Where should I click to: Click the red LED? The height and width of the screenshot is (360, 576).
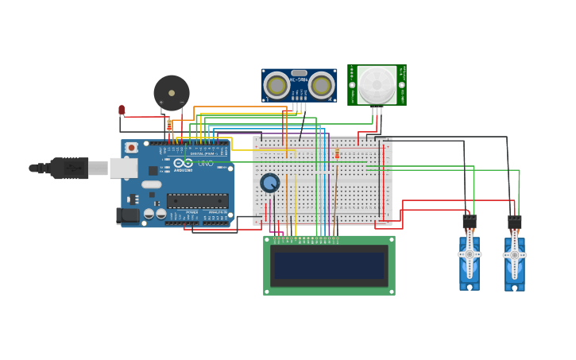pyautogui.click(x=122, y=110)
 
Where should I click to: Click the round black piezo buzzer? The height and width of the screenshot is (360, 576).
pyautogui.click(x=172, y=92)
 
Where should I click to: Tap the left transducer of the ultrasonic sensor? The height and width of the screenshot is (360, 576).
pyautogui.click(x=276, y=84)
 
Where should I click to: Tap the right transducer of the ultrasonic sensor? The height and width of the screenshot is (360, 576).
pyautogui.click(x=321, y=84)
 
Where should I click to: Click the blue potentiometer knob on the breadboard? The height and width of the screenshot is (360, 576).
pyautogui.click(x=270, y=183)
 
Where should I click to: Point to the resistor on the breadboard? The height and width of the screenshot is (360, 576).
pyautogui.click(x=337, y=153)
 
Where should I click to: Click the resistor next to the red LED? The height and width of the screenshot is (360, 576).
pyautogui.click(x=169, y=125)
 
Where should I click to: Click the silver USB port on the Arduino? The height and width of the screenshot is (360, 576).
pyautogui.click(x=123, y=168)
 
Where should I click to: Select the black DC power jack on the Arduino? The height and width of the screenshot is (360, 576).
pyautogui.click(x=128, y=215)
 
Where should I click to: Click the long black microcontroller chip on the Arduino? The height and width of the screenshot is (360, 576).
pyautogui.click(x=197, y=201)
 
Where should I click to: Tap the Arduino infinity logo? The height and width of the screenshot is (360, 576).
pyautogui.click(x=183, y=163)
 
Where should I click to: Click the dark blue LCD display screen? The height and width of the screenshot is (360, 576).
pyautogui.click(x=329, y=265)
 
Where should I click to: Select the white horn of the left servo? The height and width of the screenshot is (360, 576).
pyautogui.click(x=470, y=254)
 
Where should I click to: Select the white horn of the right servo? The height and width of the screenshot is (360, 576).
pyautogui.click(x=515, y=255)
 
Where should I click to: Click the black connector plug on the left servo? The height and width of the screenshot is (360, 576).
pyautogui.click(x=470, y=223)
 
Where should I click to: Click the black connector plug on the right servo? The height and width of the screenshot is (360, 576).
pyautogui.click(x=515, y=223)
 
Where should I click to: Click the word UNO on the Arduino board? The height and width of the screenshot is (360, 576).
pyautogui.click(x=206, y=163)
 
